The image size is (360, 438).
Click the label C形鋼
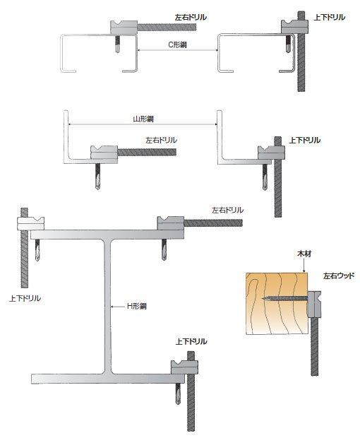pos(177,45)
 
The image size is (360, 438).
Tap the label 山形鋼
pos(143,119)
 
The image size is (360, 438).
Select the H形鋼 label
pos(137,306)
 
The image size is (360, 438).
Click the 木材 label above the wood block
pos(304,254)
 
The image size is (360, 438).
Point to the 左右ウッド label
pos(339,276)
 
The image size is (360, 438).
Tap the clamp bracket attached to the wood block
pos(314,304)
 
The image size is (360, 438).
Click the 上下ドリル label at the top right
pos(330,18)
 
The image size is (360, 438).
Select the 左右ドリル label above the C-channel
pos(191,18)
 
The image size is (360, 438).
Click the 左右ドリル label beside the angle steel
pos(161,140)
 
